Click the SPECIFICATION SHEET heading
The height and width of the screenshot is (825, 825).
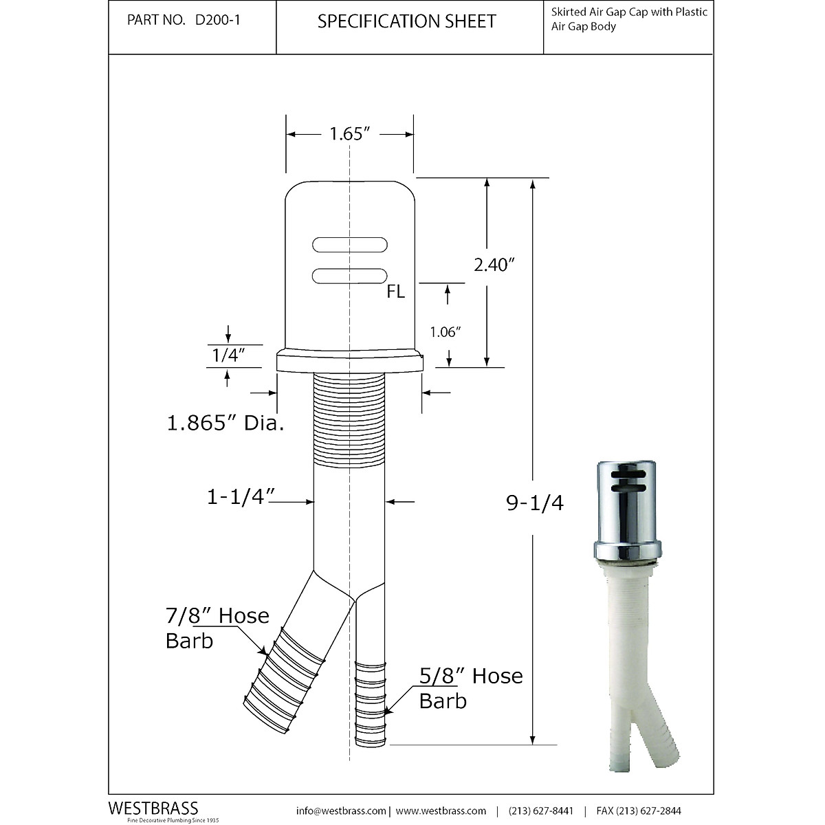[407, 21]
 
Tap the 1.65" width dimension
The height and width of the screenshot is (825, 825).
[350, 134]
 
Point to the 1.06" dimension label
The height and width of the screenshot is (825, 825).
[445, 332]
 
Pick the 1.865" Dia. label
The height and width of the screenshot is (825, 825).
[225, 422]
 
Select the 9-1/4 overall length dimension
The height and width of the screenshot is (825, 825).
[535, 503]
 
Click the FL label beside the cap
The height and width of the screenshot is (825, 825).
[395, 292]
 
